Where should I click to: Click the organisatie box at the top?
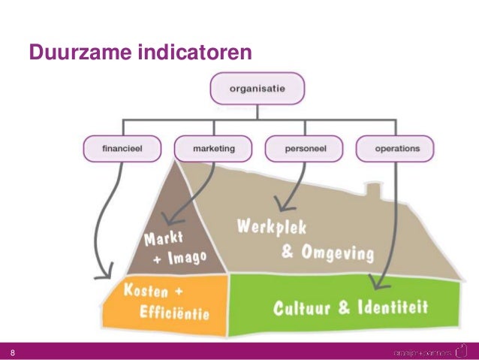coord(258,90)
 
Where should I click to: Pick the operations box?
coord(397,149)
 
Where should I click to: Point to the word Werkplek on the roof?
coord(272,226)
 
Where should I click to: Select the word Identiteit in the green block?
coord(394,307)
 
